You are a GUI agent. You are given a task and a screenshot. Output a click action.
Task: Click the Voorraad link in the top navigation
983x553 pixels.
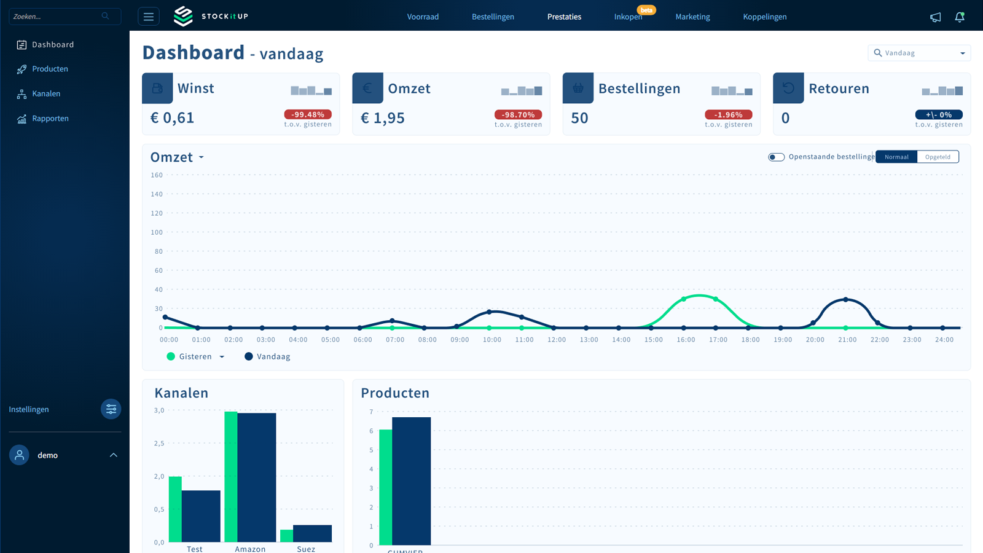(x=423, y=17)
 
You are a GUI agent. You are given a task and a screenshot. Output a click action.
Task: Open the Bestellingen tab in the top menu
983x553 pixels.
(x=493, y=17)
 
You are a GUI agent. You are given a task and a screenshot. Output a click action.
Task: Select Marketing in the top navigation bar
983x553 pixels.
(x=692, y=17)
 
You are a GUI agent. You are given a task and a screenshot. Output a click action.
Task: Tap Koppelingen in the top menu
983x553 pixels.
(x=764, y=17)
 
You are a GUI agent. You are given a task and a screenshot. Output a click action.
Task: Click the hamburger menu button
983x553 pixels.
(x=149, y=17)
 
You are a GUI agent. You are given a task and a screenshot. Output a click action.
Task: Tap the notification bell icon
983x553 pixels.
(x=960, y=17)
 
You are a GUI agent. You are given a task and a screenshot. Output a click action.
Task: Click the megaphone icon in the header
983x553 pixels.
(x=935, y=17)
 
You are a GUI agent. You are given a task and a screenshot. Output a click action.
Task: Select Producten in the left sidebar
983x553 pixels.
(x=50, y=69)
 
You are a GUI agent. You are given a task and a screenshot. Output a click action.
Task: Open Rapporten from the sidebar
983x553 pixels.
(x=50, y=119)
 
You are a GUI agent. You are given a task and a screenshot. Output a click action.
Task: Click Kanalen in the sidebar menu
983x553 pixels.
(x=46, y=94)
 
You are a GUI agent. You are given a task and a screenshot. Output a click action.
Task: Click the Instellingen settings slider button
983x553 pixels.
(x=111, y=409)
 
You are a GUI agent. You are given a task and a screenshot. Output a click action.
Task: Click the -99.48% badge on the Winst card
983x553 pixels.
(x=308, y=114)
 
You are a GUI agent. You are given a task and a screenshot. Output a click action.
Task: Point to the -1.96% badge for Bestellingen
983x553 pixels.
(x=728, y=114)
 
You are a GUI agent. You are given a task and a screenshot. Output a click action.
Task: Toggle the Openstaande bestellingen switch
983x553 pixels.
(x=776, y=157)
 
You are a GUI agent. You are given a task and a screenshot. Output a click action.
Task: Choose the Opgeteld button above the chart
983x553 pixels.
(x=938, y=157)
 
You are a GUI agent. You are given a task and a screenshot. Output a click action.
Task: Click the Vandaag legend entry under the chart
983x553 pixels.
(x=268, y=356)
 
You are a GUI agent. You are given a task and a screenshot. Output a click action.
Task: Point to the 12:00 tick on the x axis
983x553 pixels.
(x=557, y=340)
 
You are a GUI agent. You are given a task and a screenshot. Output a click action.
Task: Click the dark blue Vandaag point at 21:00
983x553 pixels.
(x=846, y=299)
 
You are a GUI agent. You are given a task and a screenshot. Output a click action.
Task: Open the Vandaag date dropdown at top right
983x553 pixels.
(x=919, y=53)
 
